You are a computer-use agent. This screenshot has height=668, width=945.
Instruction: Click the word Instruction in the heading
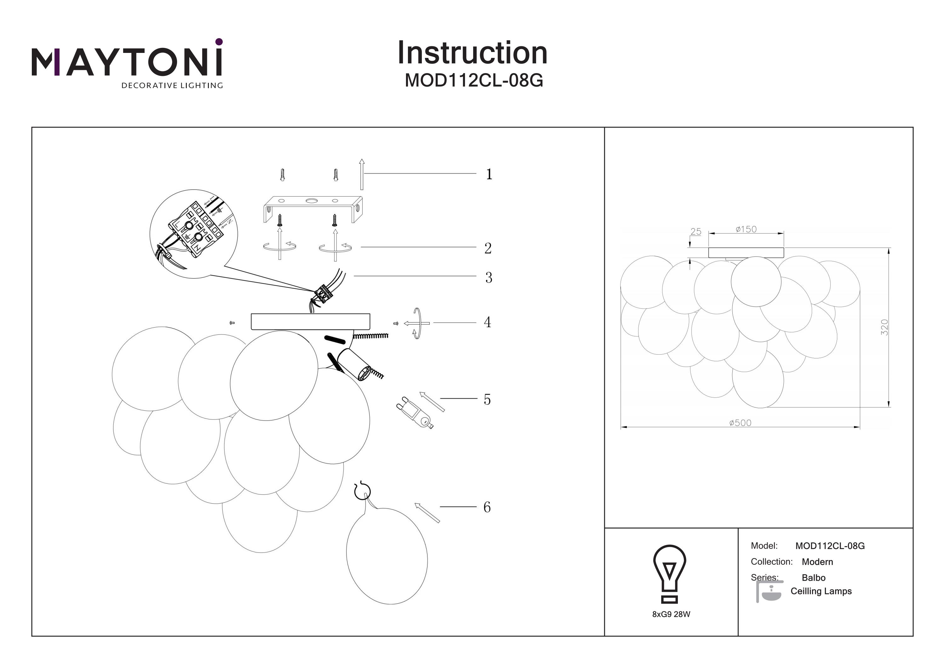(x=472, y=53)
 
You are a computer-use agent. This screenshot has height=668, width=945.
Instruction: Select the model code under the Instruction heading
(x=474, y=81)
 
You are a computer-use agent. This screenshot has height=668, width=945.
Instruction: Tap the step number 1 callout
(x=489, y=174)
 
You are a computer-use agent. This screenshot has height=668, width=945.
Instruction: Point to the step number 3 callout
(x=489, y=278)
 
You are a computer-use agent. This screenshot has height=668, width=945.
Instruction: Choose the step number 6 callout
(x=487, y=507)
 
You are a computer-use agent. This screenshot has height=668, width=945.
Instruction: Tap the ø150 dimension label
(x=746, y=229)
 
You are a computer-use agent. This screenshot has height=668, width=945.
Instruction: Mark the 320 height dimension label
(x=884, y=327)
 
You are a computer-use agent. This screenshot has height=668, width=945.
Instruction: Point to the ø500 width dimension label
(x=740, y=423)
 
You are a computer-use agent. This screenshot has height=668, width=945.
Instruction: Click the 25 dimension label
(x=696, y=232)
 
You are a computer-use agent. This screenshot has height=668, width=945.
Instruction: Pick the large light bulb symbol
(x=669, y=574)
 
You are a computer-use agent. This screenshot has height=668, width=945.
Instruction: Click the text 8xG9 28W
(x=671, y=614)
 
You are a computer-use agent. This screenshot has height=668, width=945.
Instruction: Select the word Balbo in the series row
(x=813, y=578)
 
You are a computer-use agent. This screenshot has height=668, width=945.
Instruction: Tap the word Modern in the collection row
(x=817, y=562)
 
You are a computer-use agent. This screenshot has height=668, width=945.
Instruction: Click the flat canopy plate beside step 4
(x=310, y=322)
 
